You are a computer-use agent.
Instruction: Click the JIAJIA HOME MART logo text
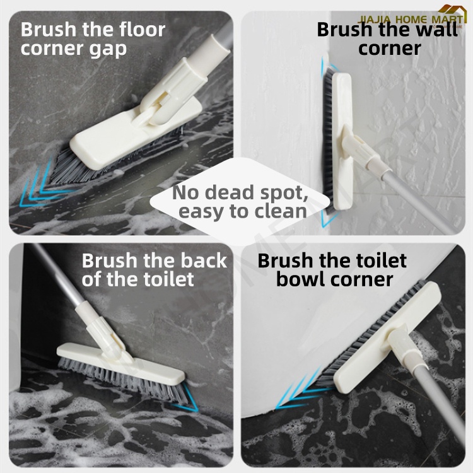(411, 20)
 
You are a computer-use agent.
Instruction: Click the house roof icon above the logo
(452, 10)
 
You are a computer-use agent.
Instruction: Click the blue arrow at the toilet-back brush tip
(188, 398)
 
